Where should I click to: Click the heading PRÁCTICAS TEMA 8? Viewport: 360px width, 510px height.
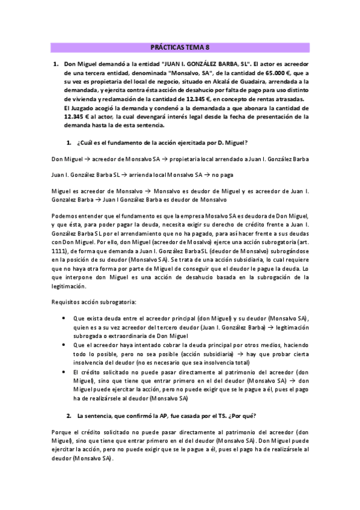[180, 48]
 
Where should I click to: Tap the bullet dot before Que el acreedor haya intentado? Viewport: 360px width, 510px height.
[65, 345]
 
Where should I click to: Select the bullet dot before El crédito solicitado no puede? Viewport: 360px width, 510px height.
[65, 372]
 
